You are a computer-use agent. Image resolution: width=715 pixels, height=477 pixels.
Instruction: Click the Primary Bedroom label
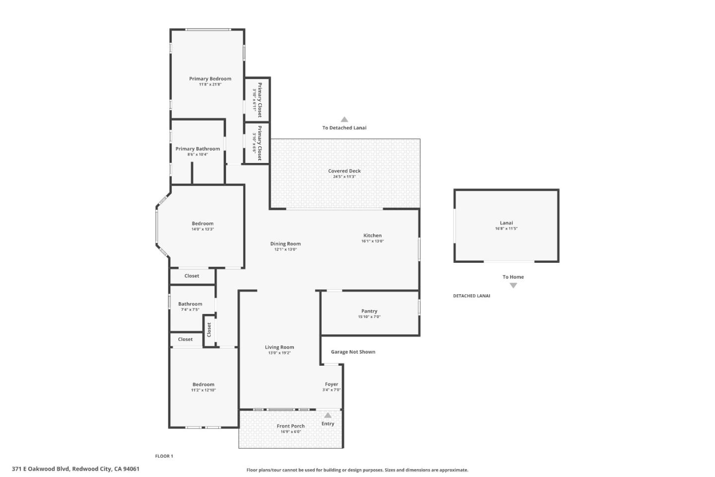tap(210, 79)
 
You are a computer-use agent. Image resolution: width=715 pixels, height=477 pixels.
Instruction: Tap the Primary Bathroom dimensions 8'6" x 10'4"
tap(198, 155)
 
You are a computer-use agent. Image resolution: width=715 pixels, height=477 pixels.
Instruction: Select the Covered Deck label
tap(344, 171)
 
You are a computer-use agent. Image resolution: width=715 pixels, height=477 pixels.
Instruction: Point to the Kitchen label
tap(372, 236)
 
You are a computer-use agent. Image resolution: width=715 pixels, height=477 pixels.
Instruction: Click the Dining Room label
tap(286, 243)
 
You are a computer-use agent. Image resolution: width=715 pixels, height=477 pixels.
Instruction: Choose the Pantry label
tap(369, 311)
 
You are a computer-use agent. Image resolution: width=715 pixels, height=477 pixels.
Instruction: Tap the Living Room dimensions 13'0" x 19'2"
tap(280, 353)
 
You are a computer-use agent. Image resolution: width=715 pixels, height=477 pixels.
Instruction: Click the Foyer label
tap(332, 384)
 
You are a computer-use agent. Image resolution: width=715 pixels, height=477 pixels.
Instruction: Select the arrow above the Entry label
tap(328, 415)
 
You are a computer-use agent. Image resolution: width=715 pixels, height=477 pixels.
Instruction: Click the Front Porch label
tap(290, 426)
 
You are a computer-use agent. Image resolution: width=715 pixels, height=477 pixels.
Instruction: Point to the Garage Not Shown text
tap(353, 352)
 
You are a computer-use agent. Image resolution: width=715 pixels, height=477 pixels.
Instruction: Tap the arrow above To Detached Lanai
tap(344, 119)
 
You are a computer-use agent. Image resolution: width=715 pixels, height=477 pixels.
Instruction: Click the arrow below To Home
tap(513, 285)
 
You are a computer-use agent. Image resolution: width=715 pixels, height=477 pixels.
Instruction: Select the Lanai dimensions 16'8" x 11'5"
tap(506, 229)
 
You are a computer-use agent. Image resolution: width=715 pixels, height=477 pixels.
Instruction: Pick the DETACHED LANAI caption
tap(471, 296)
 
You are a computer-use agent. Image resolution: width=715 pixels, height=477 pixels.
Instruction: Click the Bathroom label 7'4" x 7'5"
tap(190, 304)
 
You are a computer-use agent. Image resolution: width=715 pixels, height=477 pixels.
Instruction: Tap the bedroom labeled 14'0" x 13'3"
tap(203, 224)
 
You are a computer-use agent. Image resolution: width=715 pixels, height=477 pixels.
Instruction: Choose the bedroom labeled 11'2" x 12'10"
tap(204, 385)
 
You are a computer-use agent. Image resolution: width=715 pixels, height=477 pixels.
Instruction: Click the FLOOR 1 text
tap(164, 456)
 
